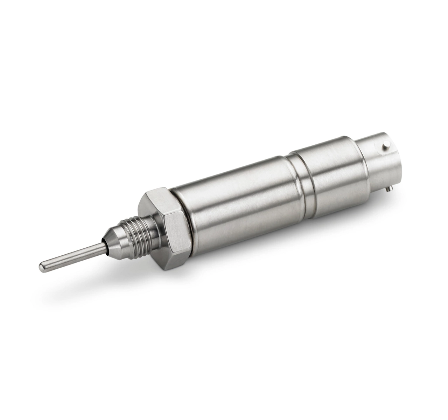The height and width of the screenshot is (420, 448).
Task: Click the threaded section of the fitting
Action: tap(135, 229)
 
